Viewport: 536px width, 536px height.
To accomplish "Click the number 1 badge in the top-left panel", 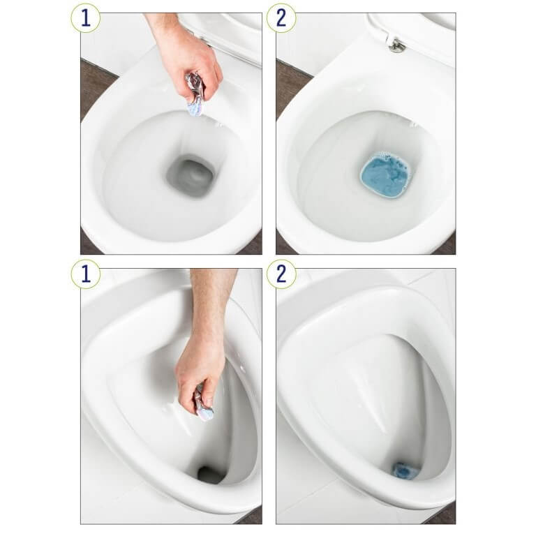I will tap(85, 18).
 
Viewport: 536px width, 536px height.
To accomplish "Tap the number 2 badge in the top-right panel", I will tap(281, 18).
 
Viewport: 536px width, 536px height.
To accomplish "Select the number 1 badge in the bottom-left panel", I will tap(85, 274).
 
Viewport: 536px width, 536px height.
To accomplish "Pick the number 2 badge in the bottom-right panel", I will tap(281, 274).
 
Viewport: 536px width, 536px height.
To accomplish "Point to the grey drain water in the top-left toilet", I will tap(190, 175).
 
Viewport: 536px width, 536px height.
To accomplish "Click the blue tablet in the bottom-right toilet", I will tap(404, 470).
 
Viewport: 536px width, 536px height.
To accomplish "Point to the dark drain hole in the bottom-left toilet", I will tap(210, 475).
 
